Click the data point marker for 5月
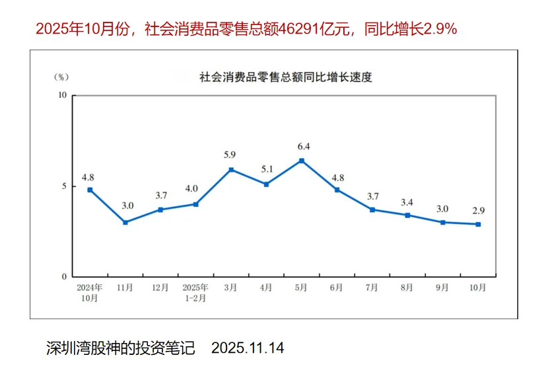click(301, 161)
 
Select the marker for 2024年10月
click(90, 190)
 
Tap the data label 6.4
click(302, 146)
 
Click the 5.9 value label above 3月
click(231, 155)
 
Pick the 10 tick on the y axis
click(63, 95)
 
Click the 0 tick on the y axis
click(65, 277)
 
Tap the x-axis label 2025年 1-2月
click(195, 293)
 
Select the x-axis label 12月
click(160, 288)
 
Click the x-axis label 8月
click(407, 288)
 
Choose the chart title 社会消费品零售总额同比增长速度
click(286, 77)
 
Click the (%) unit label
click(61, 77)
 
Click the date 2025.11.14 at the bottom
click(248, 348)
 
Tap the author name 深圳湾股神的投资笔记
click(121, 348)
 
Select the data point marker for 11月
click(125, 222)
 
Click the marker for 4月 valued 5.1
click(266, 184)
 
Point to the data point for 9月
click(442, 222)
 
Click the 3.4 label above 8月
click(407, 201)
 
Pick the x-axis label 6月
click(337, 288)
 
